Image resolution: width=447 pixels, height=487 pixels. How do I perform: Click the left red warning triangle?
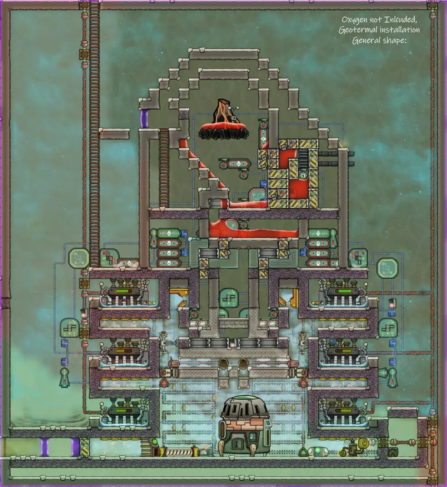tap(163, 382)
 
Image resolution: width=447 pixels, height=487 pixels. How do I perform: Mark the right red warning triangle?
tap(303, 382)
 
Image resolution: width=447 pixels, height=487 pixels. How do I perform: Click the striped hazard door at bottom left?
tap(84, 447)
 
